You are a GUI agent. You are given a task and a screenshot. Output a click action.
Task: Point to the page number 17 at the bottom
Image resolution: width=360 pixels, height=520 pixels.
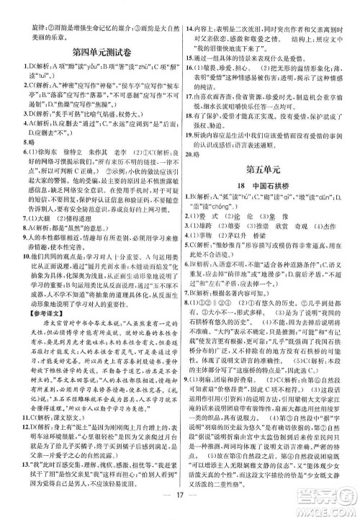pos(180,504)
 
